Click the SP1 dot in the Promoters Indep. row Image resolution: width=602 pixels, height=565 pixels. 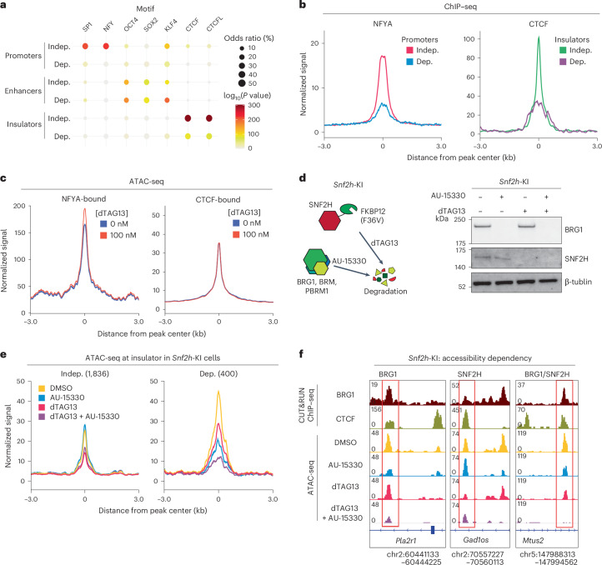coord(85,47)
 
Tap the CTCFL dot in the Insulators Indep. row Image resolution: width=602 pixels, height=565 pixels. coord(208,118)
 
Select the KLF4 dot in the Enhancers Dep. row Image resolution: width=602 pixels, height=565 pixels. coord(167,100)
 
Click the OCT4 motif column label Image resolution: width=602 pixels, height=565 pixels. coord(131,25)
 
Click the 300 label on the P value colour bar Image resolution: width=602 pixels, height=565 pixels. coord(254,105)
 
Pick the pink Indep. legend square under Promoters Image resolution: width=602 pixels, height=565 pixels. coord(409,50)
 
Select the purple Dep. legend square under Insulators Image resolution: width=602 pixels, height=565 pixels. coord(563,62)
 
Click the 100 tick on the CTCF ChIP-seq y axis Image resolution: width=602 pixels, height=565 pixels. coord(469,39)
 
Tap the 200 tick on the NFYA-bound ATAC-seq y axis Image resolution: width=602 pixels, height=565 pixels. coord(19,206)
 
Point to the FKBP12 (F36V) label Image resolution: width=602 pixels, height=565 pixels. coord(373,216)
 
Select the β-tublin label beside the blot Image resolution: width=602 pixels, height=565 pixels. coord(578,282)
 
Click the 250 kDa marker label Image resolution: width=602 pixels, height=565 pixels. coord(460,219)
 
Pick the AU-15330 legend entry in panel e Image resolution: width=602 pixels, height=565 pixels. coord(67,397)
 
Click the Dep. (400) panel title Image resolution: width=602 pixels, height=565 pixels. coord(218,373)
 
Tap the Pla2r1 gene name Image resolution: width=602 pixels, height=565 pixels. coord(406,541)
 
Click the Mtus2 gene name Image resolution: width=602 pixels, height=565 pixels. coord(533,541)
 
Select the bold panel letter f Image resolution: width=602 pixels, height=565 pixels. coord(301,354)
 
